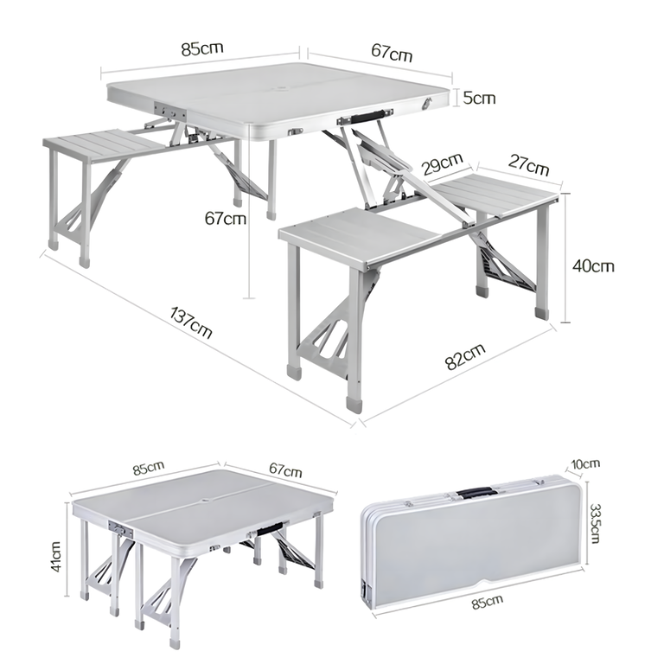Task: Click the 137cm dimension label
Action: pyautogui.click(x=190, y=322)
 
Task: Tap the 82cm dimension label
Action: pyautogui.click(x=465, y=356)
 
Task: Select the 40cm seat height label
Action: pyautogui.click(x=593, y=266)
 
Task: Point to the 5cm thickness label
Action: pyautogui.click(x=479, y=98)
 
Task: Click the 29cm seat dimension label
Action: pyautogui.click(x=443, y=163)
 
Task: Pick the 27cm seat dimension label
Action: pyautogui.click(x=528, y=165)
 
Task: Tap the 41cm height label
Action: pyautogui.click(x=56, y=557)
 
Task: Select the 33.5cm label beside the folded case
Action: pyautogui.click(x=595, y=523)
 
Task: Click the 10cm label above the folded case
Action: pyautogui.click(x=585, y=463)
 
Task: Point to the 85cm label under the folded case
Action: pyautogui.click(x=488, y=602)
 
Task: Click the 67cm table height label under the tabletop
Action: pyautogui.click(x=226, y=219)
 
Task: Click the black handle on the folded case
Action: pyautogui.click(x=475, y=493)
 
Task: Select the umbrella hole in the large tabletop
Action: pyautogui.click(x=281, y=89)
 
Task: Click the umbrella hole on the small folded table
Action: pyautogui.click(x=206, y=501)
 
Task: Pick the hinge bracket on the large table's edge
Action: pyautogui.click(x=170, y=112)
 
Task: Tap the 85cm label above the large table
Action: pyautogui.click(x=202, y=48)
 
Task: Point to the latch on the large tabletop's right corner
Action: pyautogui.click(x=428, y=104)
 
